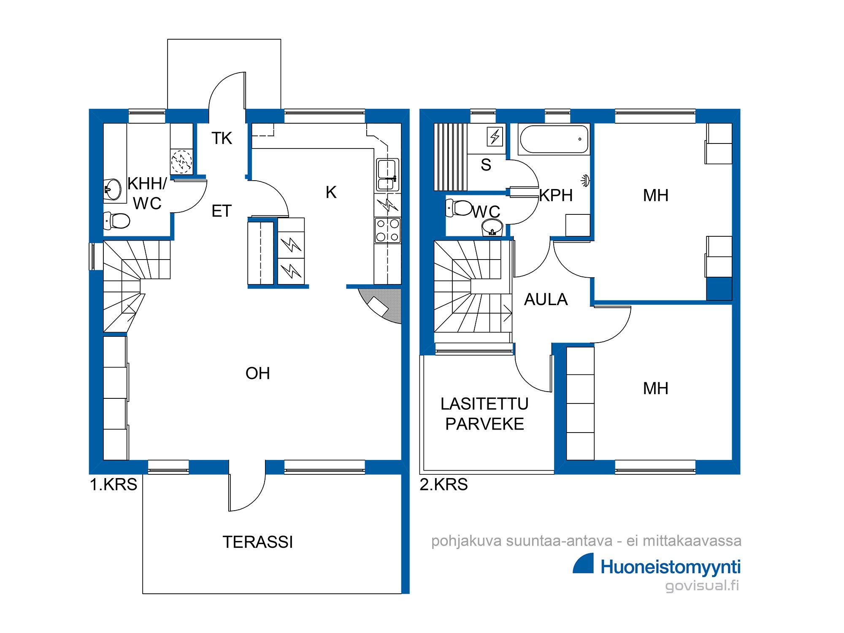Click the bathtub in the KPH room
(x=554, y=139)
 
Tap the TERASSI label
(x=257, y=542)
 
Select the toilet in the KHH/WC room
(x=117, y=220)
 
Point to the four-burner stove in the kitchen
(x=387, y=230)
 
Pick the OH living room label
(x=257, y=373)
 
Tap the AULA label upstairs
(x=546, y=300)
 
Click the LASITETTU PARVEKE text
(x=484, y=414)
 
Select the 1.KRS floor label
(x=114, y=484)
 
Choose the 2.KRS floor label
(x=444, y=484)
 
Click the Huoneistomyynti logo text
(x=671, y=567)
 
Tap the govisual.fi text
(x=702, y=586)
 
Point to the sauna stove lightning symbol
(x=495, y=136)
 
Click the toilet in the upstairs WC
(x=459, y=208)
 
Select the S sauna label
(x=486, y=165)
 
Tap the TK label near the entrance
(x=222, y=138)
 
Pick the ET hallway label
(x=222, y=211)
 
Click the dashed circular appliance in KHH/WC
(x=181, y=162)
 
